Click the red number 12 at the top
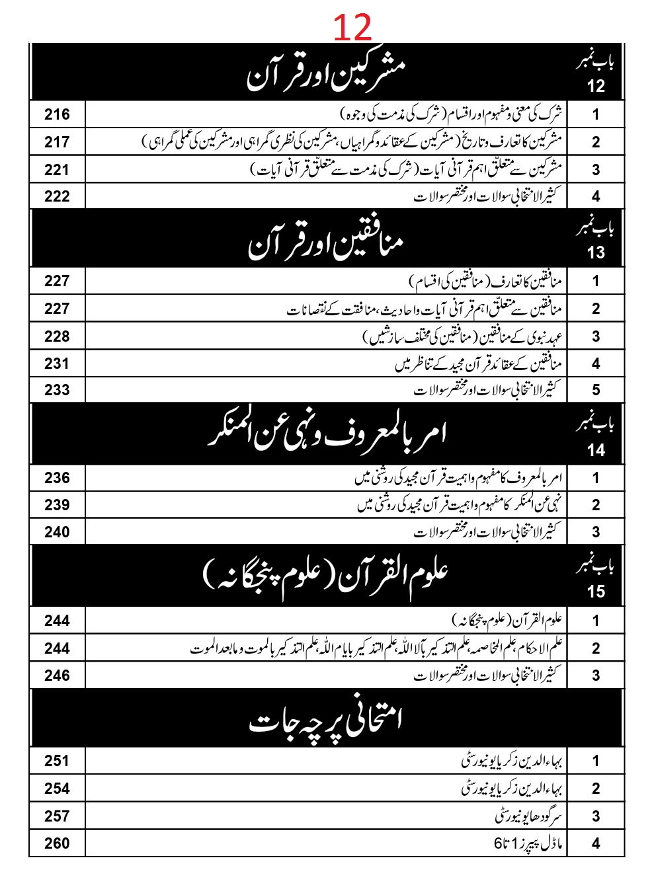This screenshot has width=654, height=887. pyautogui.click(x=352, y=28)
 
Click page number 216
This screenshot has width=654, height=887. pyautogui.click(x=57, y=114)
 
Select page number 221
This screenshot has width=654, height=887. pyautogui.click(x=57, y=170)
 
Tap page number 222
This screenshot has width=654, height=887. pyautogui.click(x=57, y=196)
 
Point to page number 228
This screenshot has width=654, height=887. pyautogui.click(x=57, y=336)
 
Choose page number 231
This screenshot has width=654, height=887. pyautogui.click(x=57, y=363)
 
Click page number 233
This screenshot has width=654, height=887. pyautogui.click(x=57, y=389)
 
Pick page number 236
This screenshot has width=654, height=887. pyautogui.click(x=57, y=478)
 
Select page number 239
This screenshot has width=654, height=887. pyautogui.click(x=57, y=505)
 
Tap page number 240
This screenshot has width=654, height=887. pyautogui.click(x=57, y=532)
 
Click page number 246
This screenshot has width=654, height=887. pyautogui.click(x=57, y=675)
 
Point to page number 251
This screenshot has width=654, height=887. pyautogui.click(x=57, y=761)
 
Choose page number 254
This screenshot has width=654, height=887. pyautogui.click(x=57, y=789)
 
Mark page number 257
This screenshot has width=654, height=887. pyautogui.click(x=57, y=816)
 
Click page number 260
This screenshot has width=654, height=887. pyautogui.click(x=57, y=843)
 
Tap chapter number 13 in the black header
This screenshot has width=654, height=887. pyautogui.click(x=595, y=252)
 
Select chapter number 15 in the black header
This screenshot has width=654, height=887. pyautogui.click(x=595, y=591)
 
